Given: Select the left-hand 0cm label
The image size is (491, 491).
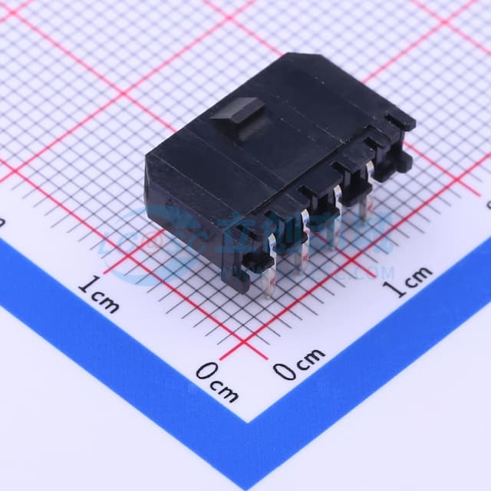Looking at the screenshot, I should point(216,381).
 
